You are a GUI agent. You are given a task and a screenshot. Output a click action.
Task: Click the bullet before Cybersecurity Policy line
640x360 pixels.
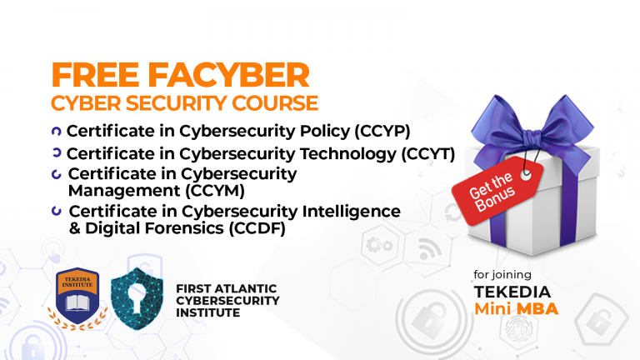tap(57, 131)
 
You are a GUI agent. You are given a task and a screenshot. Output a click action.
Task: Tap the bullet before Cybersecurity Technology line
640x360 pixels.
tap(57, 153)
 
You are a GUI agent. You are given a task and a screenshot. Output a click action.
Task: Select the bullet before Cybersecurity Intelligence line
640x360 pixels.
tap(57, 211)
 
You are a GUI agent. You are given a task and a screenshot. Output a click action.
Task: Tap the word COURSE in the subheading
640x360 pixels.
tap(276, 103)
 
